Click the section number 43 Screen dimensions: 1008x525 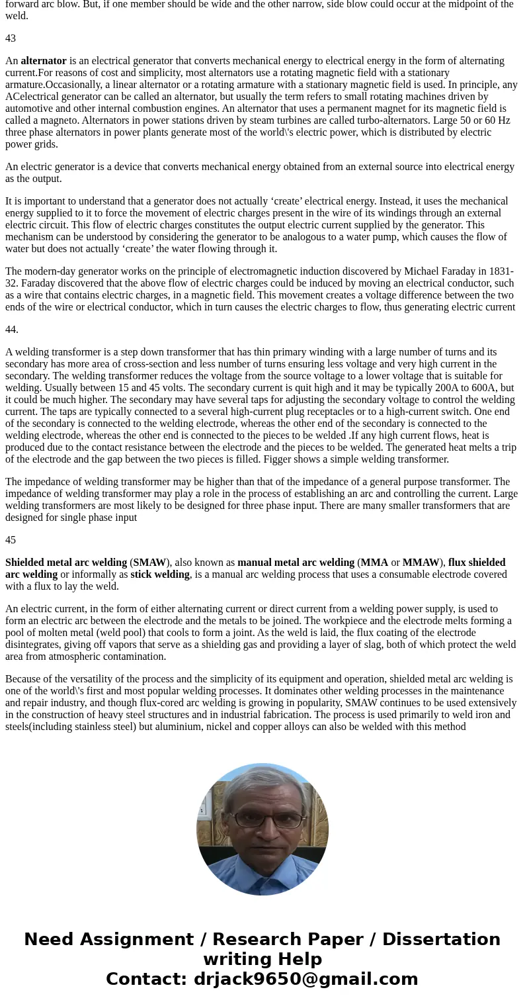click(11, 38)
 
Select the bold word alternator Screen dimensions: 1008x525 click(44, 61)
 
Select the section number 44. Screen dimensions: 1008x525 click(12, 330)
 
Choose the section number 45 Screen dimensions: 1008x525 click(11, 540)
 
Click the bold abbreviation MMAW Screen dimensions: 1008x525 click(421, 563)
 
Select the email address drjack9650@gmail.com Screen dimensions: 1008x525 click(305, 980)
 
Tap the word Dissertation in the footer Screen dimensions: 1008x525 click(441, 940)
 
